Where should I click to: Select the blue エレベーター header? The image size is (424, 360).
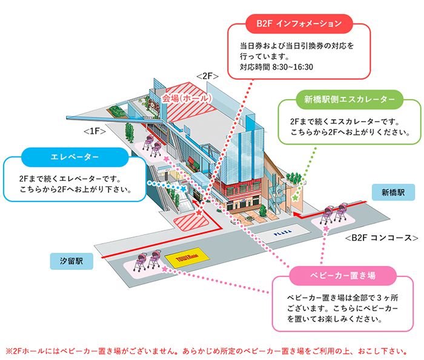tap(75, 159)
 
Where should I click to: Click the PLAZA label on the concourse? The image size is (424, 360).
tap(283, 231)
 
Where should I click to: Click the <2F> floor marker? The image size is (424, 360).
tap(207, 76)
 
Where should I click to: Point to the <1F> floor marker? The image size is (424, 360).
tap(95, 131)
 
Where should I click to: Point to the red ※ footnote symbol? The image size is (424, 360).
tap(8, 350)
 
